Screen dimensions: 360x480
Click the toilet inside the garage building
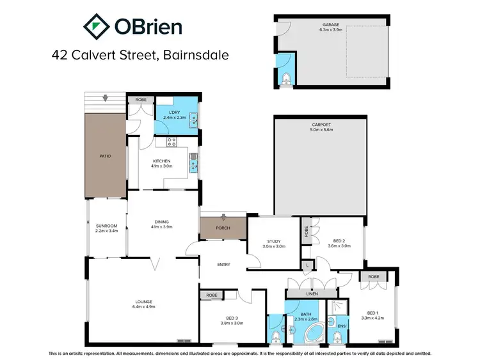(286, 79)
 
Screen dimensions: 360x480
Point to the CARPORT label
(321, 125)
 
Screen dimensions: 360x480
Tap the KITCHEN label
(161, 160)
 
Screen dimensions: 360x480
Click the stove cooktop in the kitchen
(172, 142)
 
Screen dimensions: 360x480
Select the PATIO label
(106, 155)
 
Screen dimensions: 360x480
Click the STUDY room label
(273, 241)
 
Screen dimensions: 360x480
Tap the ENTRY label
(223, 265)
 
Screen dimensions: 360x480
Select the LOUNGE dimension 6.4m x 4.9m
(143, 306)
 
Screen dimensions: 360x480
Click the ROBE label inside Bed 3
(211, 295)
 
